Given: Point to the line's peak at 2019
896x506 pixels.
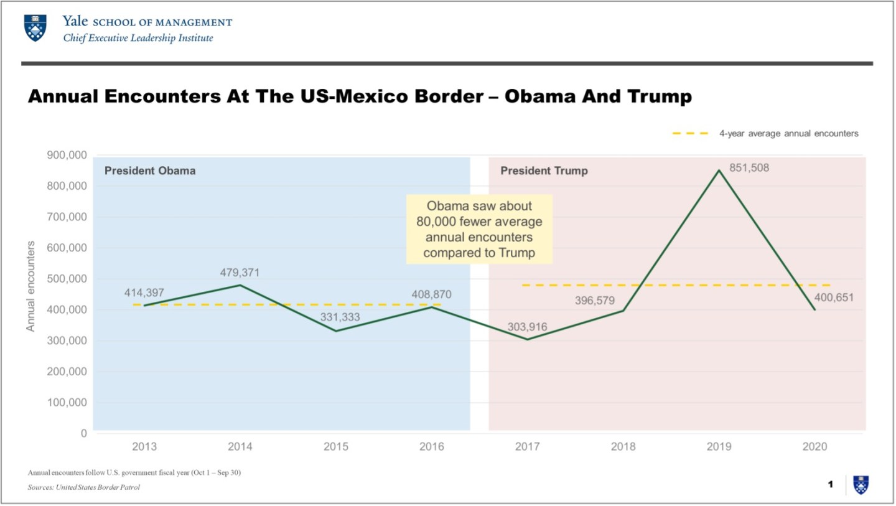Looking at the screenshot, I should pyautogui.click(x=719, y=170).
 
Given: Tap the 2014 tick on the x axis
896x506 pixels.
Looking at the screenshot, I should pyautogui.click(x=240, y=446).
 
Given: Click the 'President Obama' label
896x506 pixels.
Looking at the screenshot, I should pyautogui.click(x=150, y=171).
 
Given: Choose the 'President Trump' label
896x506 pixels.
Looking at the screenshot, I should pyautogui.click(x=544, y=171).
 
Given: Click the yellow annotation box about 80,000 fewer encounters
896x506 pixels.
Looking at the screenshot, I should pyautogui.click(x=478, y=229).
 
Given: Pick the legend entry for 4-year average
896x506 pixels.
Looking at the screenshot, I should pyautogui.click(x=765, y=133).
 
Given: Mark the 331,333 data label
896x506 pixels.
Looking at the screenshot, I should pyautogui.click(x=340, y=317).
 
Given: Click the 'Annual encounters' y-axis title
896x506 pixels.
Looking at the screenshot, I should pyautogui.click(x=30, y=286).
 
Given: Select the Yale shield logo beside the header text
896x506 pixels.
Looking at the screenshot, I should pyautogui.click(x=35, y=29).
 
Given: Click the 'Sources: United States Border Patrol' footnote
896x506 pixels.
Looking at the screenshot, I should pyautogui.click(x=84, y=487).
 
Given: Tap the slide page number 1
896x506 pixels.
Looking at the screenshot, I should pyautogui.click(x=830, y=484).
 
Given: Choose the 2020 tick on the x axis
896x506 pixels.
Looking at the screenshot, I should pyautogui.click(x=815, y=446).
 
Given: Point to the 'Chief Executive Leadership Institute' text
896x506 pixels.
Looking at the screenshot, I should pyautogui.click(x=138, y=39).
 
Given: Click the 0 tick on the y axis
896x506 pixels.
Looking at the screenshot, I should pyautogui.click(x=83, y=433).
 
